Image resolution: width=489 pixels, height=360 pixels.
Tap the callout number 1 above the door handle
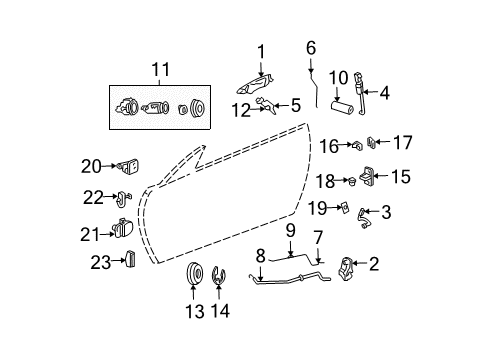coord(261,51)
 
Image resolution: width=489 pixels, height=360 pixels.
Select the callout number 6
coord(311,46)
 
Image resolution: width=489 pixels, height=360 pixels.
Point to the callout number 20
coord(92,165)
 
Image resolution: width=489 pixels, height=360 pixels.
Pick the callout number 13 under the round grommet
coord(193,310)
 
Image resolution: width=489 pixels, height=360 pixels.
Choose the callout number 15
coord(400,177)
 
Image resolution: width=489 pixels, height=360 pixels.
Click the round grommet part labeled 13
coord(194,274)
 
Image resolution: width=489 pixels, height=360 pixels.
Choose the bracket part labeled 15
coord(369,176)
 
